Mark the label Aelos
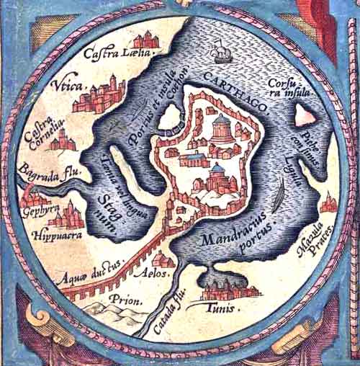click(x=161, y=274)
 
